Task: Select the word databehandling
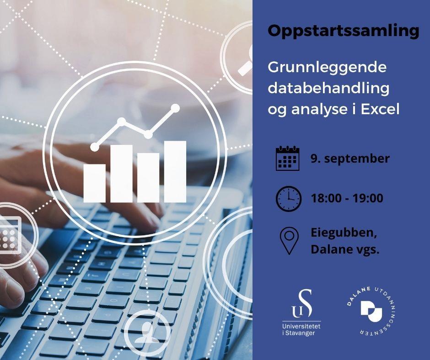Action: point(328,89)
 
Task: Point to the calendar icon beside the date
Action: point(287,159)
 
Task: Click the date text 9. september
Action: point(350,159)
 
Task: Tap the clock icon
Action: point(289,199)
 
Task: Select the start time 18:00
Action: point(326,198)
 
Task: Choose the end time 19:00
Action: point(368,198)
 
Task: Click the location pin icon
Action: point(289,241)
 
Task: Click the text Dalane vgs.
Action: point(345,249)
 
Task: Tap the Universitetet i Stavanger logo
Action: point(301,312)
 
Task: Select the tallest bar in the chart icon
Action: point(175,172)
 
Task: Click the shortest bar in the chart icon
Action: point(94,184)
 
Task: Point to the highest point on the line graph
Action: point(175,108)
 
